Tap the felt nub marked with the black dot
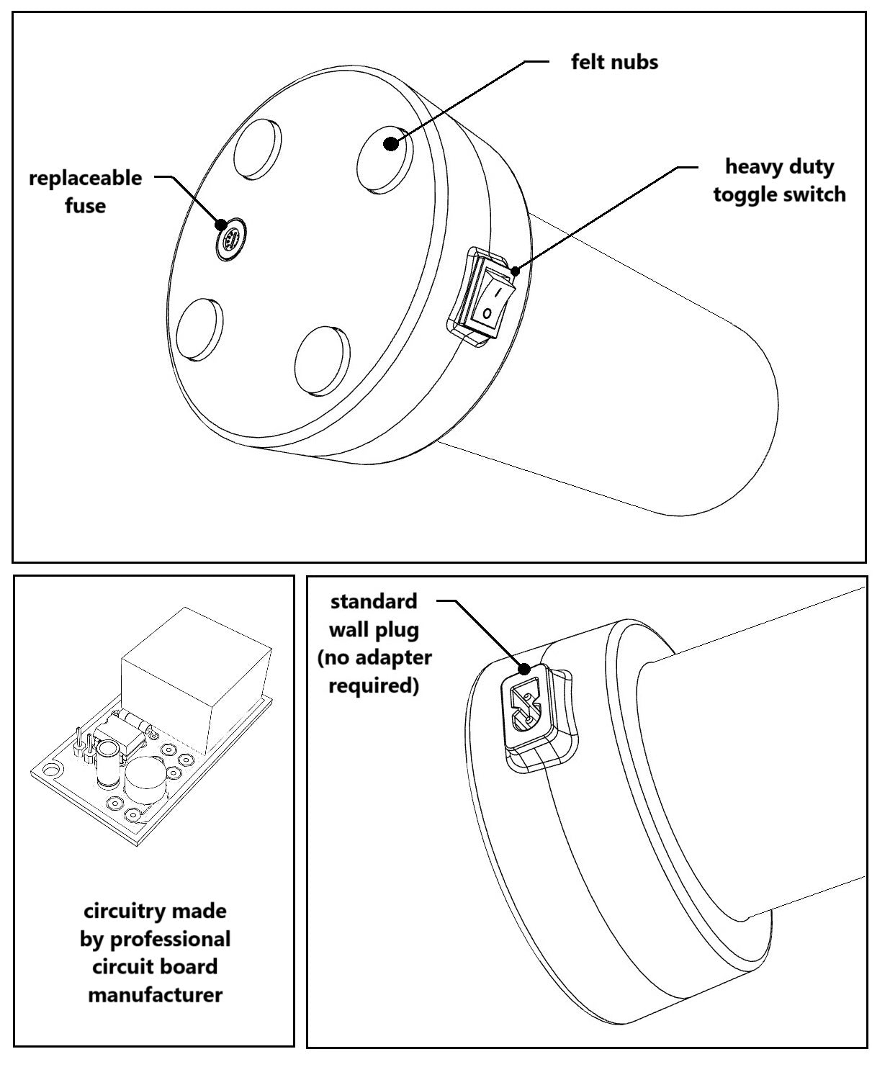[x=386, y=156]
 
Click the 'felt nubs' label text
[x=614, y=62]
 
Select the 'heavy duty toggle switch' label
[x=779, y=181]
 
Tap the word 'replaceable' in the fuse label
[x=85, y=178]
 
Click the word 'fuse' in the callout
[x=85, y=206]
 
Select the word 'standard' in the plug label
[x=373, y=601]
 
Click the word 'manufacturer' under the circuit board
[x=155, y=995]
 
